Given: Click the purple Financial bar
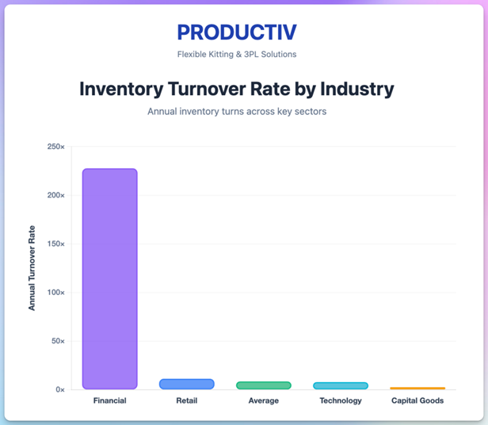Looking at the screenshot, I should (x=110, y=278).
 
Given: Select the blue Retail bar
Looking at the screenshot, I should (x=187, y=384).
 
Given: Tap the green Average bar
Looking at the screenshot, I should (x=264, y=385).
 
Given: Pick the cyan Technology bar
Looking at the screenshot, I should (x=341, y=385).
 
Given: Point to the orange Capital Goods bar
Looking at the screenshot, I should (x=417, y=388).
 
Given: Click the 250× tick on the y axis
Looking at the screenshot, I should (x=56, y=147).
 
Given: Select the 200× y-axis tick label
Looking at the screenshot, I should (x=56, y=195).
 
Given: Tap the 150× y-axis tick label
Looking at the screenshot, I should (x=56, y=243).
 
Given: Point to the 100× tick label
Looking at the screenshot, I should (x=56, y=293).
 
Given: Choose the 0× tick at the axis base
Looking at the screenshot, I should (x=60, y=389).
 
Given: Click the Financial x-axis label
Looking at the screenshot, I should (x=109, y=401).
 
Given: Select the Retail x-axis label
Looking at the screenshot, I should (x=187, y=401).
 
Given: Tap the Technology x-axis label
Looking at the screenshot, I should (x=341, y=401).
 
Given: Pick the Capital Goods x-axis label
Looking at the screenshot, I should (x=417, y=401).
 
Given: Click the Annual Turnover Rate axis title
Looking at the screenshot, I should (x=32, y=268).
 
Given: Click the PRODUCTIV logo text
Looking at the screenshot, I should (x=237, y=33).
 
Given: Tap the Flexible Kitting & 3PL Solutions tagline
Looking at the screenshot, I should (x=237, y=55).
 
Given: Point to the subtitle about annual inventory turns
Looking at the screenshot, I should (x=237, y=112).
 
